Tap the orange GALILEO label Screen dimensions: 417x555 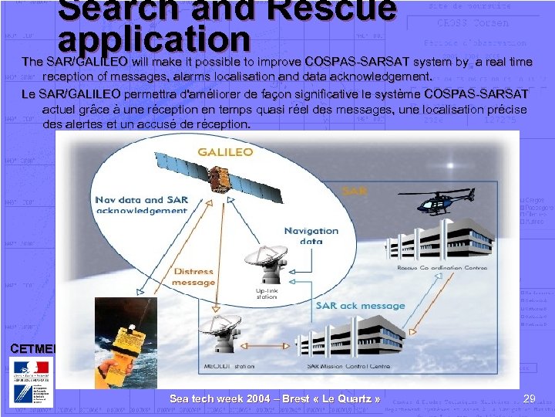tap(225, 151)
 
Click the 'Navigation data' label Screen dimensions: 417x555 tap(311, 236)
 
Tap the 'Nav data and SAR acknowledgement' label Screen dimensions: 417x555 tap(141, 205)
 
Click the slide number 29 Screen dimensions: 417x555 tap(529, 398)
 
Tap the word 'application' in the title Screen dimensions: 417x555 tap(154, 39)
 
